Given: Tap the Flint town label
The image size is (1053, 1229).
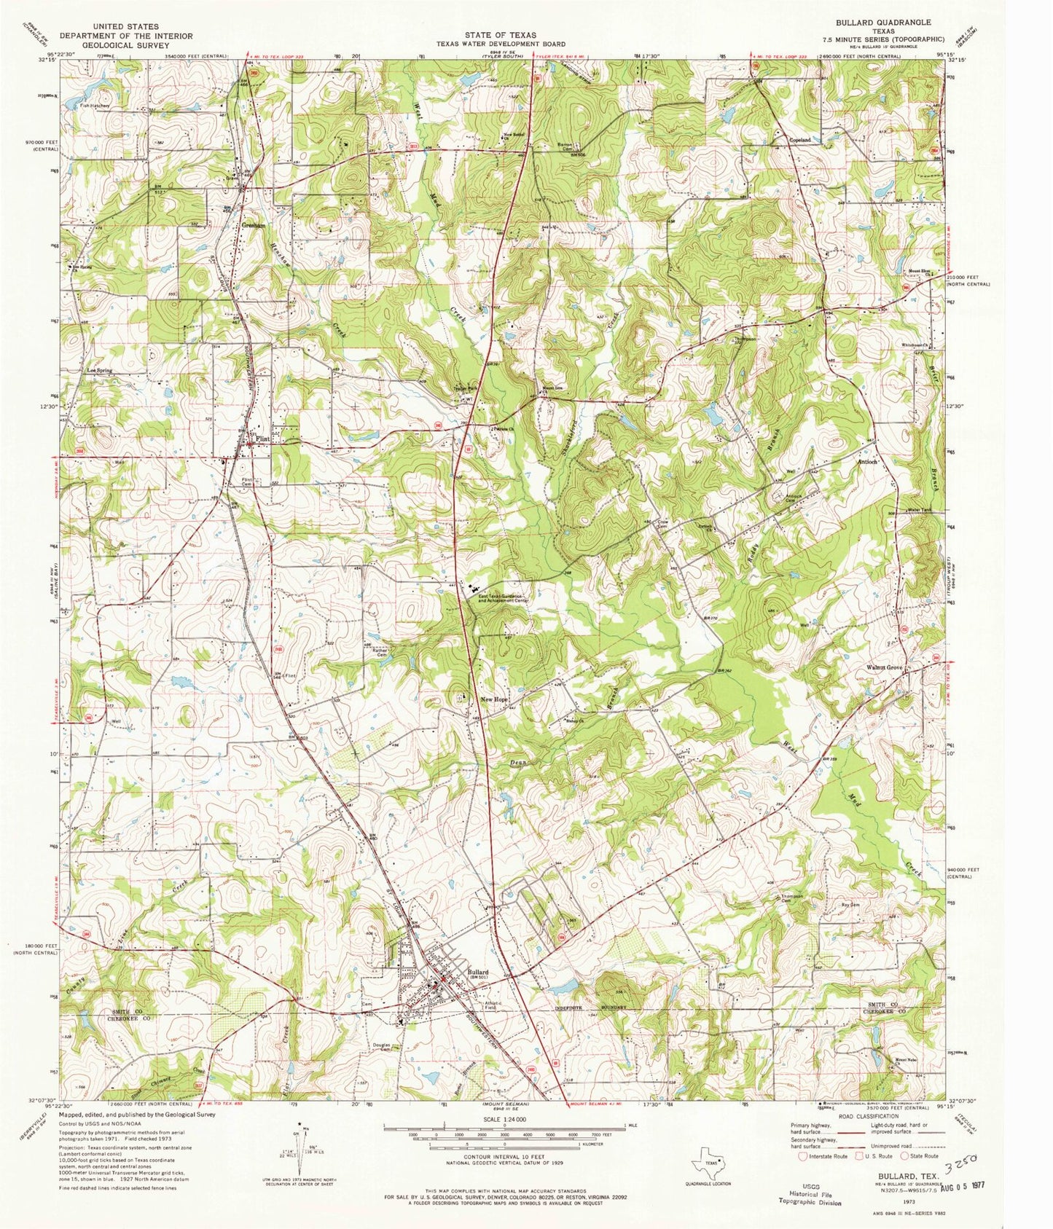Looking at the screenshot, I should pyautogui.click(x=262, y=439).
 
